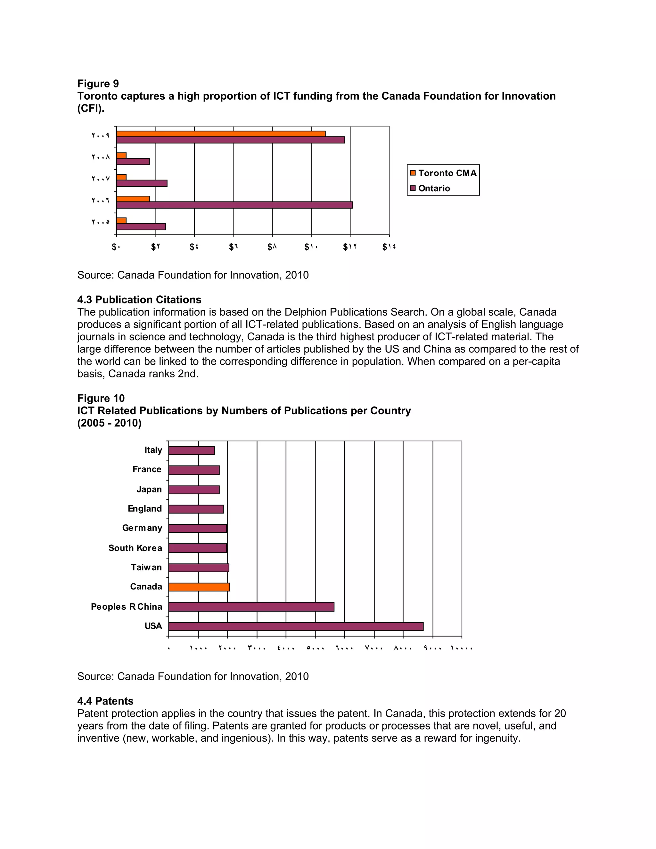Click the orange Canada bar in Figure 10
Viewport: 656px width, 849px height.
199,587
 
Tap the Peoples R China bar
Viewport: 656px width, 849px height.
251,607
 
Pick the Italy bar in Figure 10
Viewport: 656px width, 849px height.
191,450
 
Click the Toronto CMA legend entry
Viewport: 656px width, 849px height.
443,173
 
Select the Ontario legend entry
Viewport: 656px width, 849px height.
430,188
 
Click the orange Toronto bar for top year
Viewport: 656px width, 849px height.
221,134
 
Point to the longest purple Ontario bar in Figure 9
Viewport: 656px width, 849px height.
234,205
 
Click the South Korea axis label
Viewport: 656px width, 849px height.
135,548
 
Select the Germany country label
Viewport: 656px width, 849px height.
142,528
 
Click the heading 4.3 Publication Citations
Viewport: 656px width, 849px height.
139,300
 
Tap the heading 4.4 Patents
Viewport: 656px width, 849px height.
105,701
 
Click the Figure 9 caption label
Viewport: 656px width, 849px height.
98,84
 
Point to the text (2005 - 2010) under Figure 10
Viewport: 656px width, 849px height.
109,423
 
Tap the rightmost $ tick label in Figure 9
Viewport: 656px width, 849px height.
389,247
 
